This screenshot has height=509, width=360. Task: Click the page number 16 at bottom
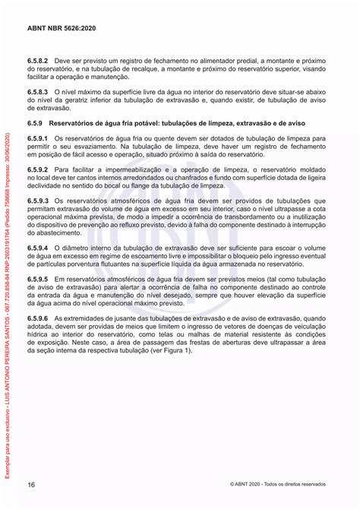31,485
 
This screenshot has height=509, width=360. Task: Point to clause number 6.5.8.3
38,91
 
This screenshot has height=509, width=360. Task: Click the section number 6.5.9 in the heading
35,122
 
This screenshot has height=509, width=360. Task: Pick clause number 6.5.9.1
38,136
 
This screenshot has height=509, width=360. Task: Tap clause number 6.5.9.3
38,201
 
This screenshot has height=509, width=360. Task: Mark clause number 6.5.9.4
38,248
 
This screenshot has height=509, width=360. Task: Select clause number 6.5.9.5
38,280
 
